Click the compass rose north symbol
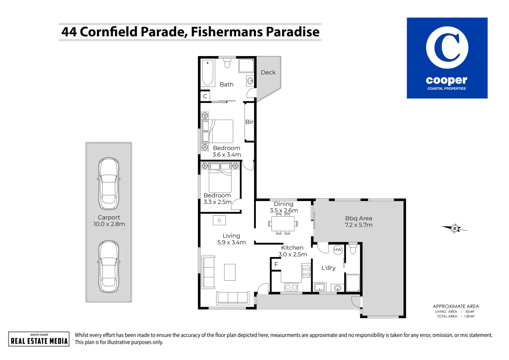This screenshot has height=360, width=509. coord(454,228)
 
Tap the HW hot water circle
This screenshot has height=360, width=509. coord(338,250)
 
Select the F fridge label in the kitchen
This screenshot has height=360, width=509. coord(276,264)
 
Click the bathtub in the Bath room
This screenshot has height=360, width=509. coord(208,73)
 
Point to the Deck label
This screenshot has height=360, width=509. coord(268,72)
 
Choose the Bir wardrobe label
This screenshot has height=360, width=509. coord(249,122)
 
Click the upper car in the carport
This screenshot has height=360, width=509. coord(109,184)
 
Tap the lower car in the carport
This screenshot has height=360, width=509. coord(109,267)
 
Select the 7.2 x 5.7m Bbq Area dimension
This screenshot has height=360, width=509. coord(358,225)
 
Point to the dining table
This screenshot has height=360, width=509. coord(283,223)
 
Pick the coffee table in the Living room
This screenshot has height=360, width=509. coord(230,272)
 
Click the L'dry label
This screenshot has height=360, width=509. coord(328,268)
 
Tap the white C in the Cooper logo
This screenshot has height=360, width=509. coord(447,48)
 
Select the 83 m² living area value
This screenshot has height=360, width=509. coord(470,312)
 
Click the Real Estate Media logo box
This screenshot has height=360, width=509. coord(39,339)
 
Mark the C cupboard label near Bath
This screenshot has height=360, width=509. coord(205,96)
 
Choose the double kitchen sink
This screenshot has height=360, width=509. coord(291,287)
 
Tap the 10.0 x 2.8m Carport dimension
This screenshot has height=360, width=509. coord(109,224)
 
